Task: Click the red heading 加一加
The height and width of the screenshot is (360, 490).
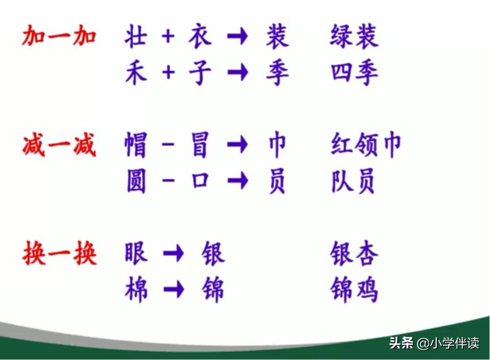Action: pyautogui.click(x=59, y=37)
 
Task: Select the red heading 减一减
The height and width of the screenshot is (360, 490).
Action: pyautogui.click(x=59, y=145)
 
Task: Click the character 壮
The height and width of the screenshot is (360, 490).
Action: pyautogui.click(x=136, y=37)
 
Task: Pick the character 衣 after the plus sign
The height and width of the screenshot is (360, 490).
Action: pyautogui.click(x=200, y=37)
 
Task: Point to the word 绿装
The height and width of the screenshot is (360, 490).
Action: pyautogui.click(x=354, y=37)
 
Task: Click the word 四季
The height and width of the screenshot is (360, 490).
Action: pyautogui.click(x=354, y=74)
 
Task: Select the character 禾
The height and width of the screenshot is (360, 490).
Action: pyautogui.click(x=136, y=74)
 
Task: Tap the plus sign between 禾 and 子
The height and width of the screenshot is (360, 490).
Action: pyautogui.click(x=168, y=74)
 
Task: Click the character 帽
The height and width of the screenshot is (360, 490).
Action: pyautogui.click(x=136, y=145)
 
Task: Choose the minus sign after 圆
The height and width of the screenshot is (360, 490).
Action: pyautogui.click(x=168, y=182)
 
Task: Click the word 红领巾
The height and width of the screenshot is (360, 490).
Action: pyautogui.click(x=365, y=145)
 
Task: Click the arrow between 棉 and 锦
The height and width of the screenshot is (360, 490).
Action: pyautogui.click(x=173, y=290)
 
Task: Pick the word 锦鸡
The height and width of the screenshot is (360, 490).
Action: pyautogui.click(x=354, y=290)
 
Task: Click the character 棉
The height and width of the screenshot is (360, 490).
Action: pyautogui.click(x=136, y=290)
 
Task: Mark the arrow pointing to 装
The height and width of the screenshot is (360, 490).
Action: pyautogui.click(x=237, y=37)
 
